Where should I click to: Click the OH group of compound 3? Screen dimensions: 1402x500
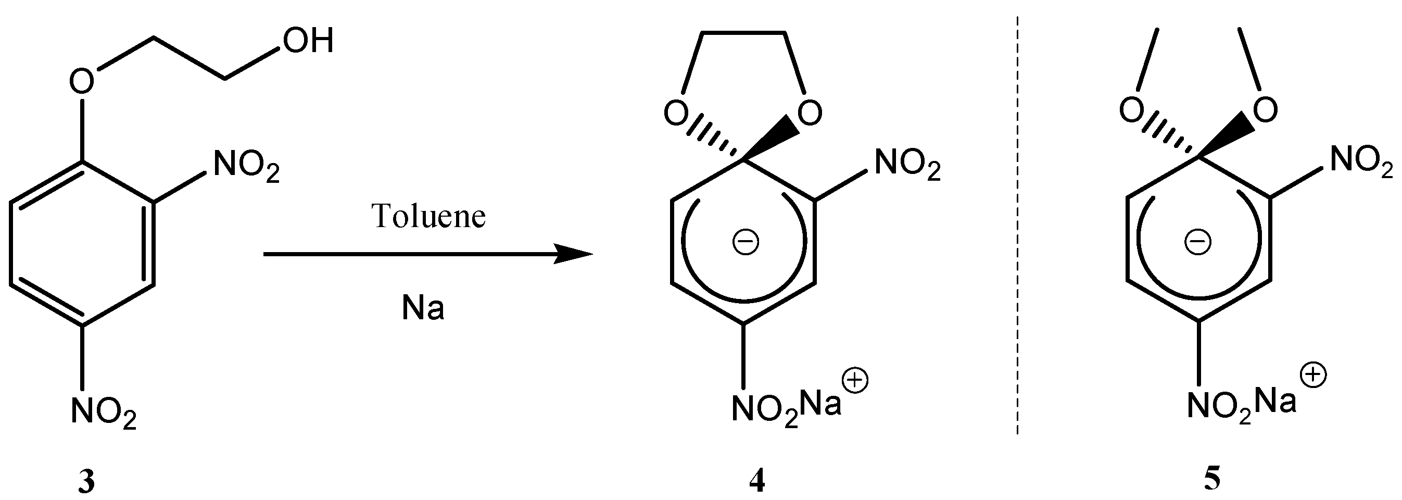(x=308, y=41)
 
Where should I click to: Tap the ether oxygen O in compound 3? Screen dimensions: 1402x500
(x=82, y=82)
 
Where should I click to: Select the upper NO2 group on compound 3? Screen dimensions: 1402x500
(x=246, y=166)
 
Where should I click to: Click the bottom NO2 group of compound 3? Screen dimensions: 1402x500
(x=104, y=413)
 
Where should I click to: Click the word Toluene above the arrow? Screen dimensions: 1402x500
(x=428, y=216)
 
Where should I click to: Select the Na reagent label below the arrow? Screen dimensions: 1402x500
(x=423, y=308)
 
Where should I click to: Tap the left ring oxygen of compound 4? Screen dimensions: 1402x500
(x=676, y=114)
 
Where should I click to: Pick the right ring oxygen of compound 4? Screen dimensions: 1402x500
(x=810, y=114)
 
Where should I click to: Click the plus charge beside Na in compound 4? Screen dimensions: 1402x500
(x=855, y=380)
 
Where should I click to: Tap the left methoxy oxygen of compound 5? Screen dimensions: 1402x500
(x=1131, y=110)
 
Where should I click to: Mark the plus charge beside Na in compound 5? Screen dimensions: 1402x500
(x=1312, y=376)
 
